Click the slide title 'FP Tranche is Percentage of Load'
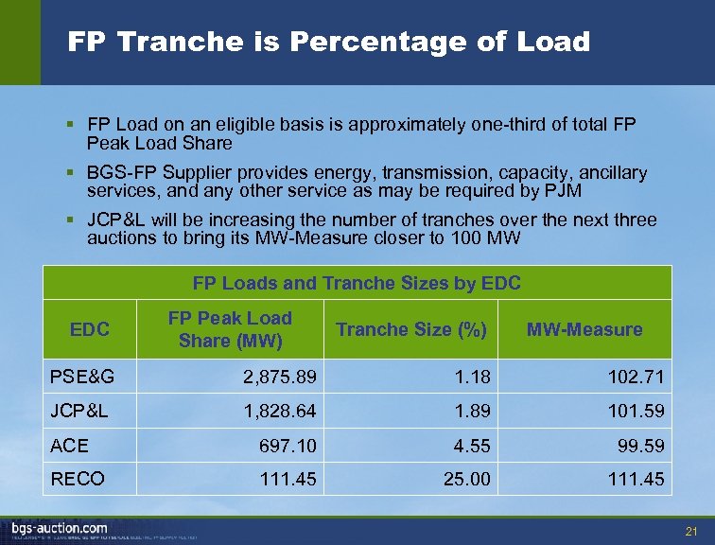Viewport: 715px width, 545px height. tap(328, 43)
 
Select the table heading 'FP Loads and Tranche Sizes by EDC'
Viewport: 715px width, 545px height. tap(357, 283)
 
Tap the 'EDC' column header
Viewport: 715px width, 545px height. tap(90, 329)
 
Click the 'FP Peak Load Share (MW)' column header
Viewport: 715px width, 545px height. tap(230, 329)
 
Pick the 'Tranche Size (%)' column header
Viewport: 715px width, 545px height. tap(410, 329)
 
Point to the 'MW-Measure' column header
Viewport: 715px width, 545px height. tap(584, 329)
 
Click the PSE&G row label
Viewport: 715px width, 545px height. tap(82, 377)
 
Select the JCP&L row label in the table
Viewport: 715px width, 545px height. tap(81, 411)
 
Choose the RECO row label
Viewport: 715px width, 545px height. tap(77, 479)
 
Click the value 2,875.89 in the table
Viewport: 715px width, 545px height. tap(279, 377)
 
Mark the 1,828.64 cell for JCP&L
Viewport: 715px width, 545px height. tap(279, 411)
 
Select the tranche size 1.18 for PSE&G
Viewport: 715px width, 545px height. tap(472, 377)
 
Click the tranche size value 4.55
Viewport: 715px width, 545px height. tap(472, 445)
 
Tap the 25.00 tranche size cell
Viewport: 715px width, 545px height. tap(467, 479)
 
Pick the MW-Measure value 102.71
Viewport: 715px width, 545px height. tap(638, 377)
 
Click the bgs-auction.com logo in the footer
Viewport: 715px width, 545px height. tap(60, 527)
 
